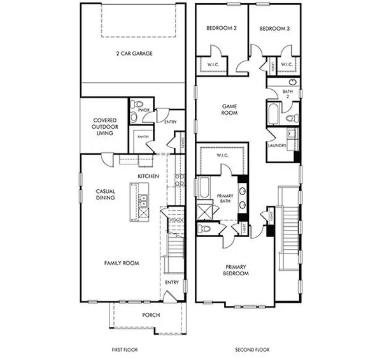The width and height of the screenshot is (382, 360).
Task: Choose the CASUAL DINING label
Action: coord(105,194)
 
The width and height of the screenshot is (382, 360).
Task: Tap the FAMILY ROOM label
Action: coord(122,263)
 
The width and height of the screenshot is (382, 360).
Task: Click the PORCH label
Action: coord(152,315)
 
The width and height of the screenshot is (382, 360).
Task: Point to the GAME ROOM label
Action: coord(229,109)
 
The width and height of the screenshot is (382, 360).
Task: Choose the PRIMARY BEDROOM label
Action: coord(236,270)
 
